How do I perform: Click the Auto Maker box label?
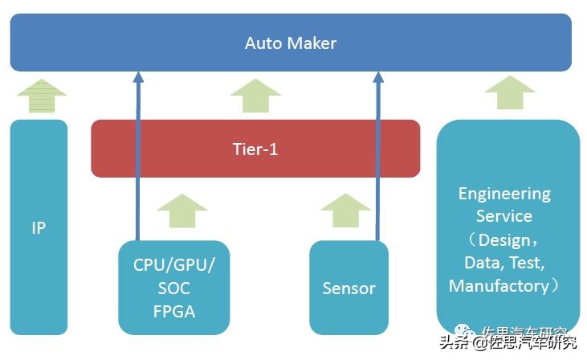pos(290,43)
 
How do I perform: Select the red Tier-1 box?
pos(255,149)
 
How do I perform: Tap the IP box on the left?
pos(39,227)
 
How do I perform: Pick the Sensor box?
pos(349,288)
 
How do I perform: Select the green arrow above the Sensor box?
pos(345,211)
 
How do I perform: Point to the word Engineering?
pos(504,194)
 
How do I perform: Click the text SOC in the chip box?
pos(174,287)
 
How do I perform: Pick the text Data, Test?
pos(504,263)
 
